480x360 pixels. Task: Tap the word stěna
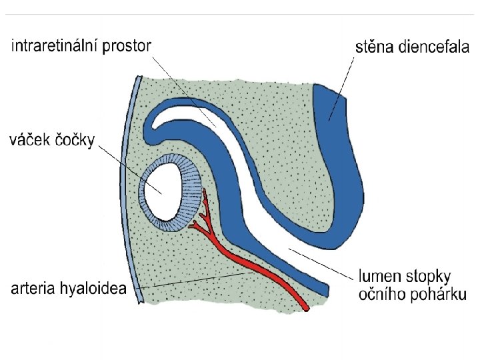(x=374, y=47)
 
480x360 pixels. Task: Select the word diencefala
(x=433, y=47)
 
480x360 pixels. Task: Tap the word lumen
(x=381, y=275)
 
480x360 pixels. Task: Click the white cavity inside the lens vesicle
(x=164, y=191)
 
